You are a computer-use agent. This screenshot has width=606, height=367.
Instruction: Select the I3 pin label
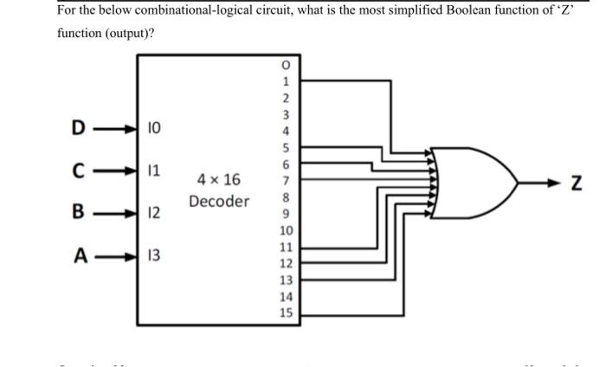153,255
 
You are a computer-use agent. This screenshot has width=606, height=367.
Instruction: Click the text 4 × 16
219,181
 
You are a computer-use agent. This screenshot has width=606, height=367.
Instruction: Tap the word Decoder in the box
219,202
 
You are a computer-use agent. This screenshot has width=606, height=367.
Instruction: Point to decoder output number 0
286,67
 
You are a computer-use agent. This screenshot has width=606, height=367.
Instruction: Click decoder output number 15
286,313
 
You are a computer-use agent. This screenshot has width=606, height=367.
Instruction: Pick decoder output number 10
286,231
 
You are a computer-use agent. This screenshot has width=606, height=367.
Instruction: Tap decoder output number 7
286,182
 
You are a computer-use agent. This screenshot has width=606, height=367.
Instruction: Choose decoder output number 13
286,280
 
